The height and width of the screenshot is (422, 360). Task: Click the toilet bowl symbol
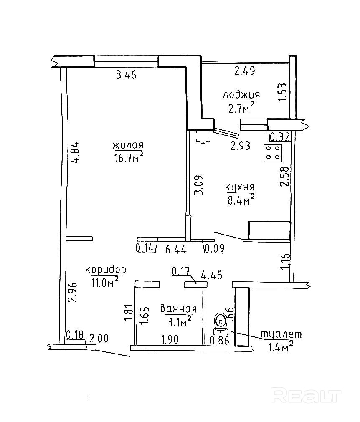click(220, 321)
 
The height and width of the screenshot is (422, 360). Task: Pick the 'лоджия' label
click(241, 95)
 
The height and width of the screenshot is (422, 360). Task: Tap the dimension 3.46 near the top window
click(126, 76)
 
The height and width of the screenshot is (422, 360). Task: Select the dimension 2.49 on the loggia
click(244, 71)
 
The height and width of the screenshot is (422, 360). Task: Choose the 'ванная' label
click(178, 309)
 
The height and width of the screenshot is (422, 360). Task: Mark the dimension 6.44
click(175, 250)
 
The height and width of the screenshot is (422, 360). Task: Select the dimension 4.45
click(211, 275)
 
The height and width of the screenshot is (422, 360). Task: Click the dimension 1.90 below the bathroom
click(170, 340)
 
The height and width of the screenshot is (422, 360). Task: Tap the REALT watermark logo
click(306, 394)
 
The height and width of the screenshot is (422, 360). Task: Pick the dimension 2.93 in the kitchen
click(241, 146)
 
